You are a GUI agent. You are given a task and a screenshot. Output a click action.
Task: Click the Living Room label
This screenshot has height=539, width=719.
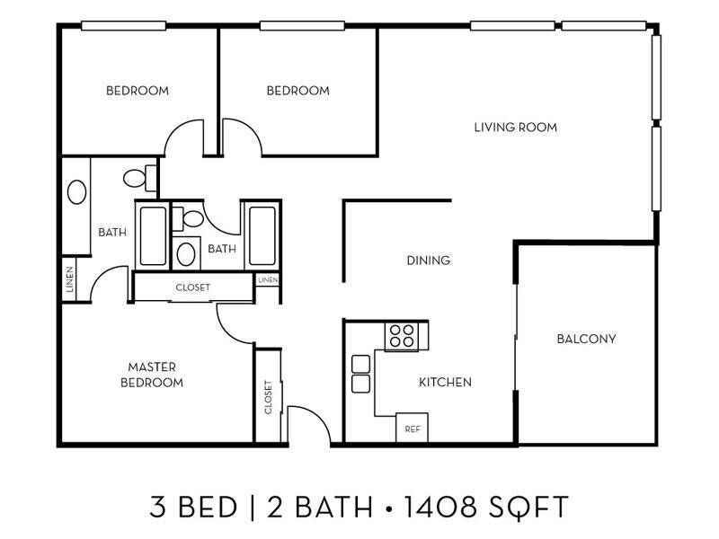click(515, 127)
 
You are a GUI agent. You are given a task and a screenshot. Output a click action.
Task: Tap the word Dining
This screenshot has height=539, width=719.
click(429, 261)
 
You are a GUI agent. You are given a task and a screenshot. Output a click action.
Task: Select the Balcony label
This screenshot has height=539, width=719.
click(586, 339)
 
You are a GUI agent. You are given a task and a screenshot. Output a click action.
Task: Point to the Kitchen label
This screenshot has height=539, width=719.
click(445, 382)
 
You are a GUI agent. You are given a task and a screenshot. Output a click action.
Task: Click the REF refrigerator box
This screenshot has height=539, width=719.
click(412, 428)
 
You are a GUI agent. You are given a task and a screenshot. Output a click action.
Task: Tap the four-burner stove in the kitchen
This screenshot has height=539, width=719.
click(402, 336)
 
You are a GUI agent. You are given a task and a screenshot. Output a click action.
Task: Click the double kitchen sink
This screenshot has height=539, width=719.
click(361, 374)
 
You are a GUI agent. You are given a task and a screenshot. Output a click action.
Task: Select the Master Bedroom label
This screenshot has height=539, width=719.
click(152, 375)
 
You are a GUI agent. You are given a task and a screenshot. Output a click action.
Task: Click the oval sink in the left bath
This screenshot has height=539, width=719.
click(76, 192)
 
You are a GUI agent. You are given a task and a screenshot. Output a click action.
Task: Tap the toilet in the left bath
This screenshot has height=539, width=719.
click(140, 178)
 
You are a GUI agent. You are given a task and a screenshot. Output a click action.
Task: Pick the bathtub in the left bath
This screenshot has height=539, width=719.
click(153, 235)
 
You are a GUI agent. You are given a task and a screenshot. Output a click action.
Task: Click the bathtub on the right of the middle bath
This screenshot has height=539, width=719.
click(262, 235)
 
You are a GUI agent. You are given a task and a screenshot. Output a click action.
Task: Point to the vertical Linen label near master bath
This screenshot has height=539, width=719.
click(70, 279)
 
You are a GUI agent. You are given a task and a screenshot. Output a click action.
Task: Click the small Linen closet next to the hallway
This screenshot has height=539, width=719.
click(267, 279)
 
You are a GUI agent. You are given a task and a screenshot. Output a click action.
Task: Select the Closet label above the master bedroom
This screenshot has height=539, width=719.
click(193, 287)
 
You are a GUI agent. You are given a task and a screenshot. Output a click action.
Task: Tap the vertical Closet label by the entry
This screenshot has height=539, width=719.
click(268, 397)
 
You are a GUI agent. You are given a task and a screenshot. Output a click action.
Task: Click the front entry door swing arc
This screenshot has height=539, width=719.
click(317, 416)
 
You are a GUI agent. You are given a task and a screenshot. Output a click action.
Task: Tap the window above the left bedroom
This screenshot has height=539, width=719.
click(123, 26)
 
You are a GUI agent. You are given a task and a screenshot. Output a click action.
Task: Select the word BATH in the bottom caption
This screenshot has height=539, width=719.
click(333, 507)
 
